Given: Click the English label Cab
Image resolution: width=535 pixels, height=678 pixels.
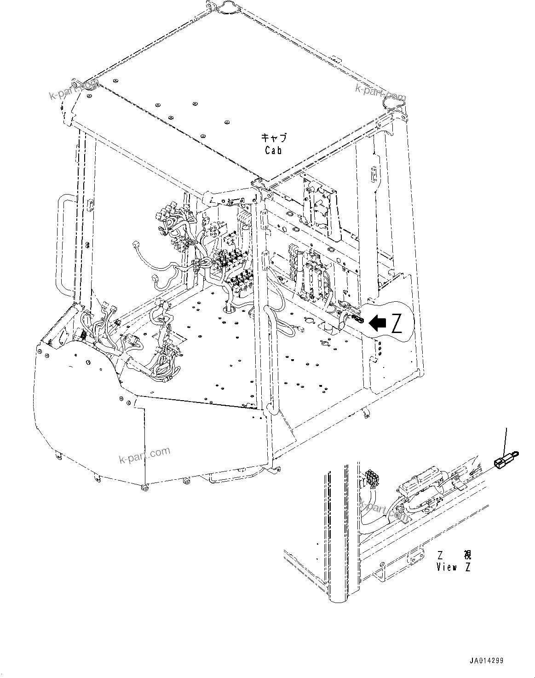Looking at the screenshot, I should [x=273, y=150].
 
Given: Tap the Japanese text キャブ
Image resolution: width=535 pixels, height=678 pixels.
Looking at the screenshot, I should [x=274, y=138].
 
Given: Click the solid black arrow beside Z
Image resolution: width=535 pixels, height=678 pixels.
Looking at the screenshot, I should [x=379, y=323].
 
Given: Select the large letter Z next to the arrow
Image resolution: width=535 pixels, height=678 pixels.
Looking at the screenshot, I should [x=397, y=324].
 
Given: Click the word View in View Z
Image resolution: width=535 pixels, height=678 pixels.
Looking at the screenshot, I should [x=446, y=567].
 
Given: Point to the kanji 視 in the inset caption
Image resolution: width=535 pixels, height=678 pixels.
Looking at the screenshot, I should [x=467, y=555].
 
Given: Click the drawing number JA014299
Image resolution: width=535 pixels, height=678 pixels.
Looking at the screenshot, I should [x=486, y=661].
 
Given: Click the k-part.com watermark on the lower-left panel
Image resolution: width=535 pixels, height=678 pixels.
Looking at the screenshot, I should [x=144, y=455].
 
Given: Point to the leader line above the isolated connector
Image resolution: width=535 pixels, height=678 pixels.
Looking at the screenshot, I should [x=506, y=439].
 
